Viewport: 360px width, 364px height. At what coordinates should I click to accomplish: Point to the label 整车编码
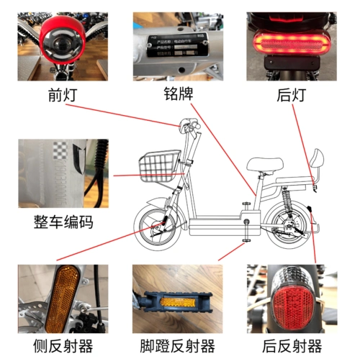[63, 222]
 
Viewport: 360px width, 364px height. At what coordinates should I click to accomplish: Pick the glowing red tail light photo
[290, 47]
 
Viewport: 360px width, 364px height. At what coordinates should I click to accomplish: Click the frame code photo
[63, 173]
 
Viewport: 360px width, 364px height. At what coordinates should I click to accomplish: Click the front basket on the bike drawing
[158, 165]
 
